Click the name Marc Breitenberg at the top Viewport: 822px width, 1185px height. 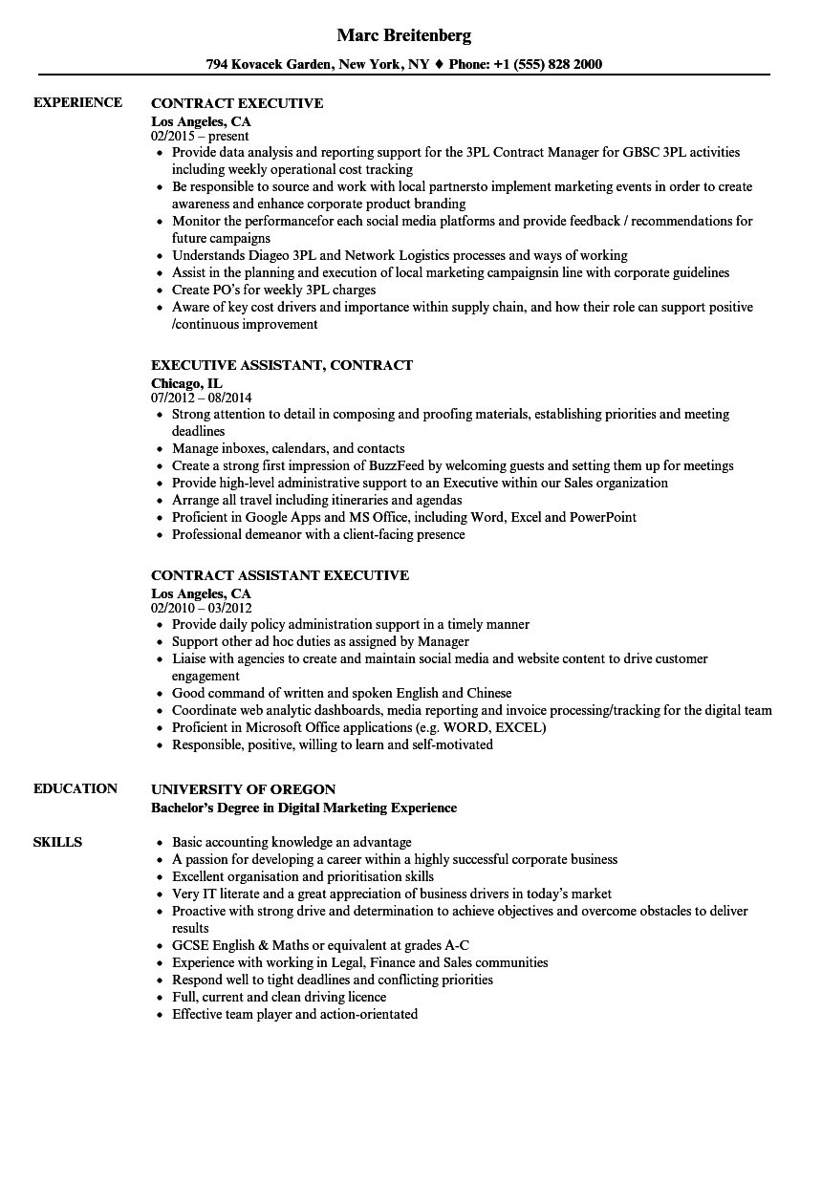pyautogui.click(x=404, y=36)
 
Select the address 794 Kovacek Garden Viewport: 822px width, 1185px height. pyautogui.click(x=268, y=64)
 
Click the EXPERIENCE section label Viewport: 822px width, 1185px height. pyautogui.click(x=77, y=102)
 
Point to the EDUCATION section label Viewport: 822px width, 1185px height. pyautogui.click(x=76, y=788)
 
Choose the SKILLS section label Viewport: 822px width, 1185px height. pyautogui.click(x=57, y=842)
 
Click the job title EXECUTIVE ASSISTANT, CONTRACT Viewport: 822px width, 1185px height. pyautogui.click(x=282, y=365)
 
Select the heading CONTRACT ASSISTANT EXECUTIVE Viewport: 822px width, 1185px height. pyautogui.click(x=280, y=575)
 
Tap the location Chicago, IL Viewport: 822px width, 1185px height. pyautogui.click(x=186, y=382)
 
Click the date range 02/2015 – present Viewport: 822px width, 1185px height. pyautogui.click(x=200, y=136)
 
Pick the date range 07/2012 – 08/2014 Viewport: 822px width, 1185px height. pyautogui.click(x=202, y=397)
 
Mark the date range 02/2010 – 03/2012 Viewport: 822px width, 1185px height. pyautogui.click(x=202, y=607)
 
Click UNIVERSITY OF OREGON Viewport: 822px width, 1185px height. pyautogui.click(x=244, y=789)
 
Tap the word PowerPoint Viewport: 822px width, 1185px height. pyautogui.click(x=603, y=517)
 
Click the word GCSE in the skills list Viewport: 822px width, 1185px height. pyautogui.click(x=190, y=945)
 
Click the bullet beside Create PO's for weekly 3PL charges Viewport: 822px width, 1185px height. pyautogui.click(x=159, y=290)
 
